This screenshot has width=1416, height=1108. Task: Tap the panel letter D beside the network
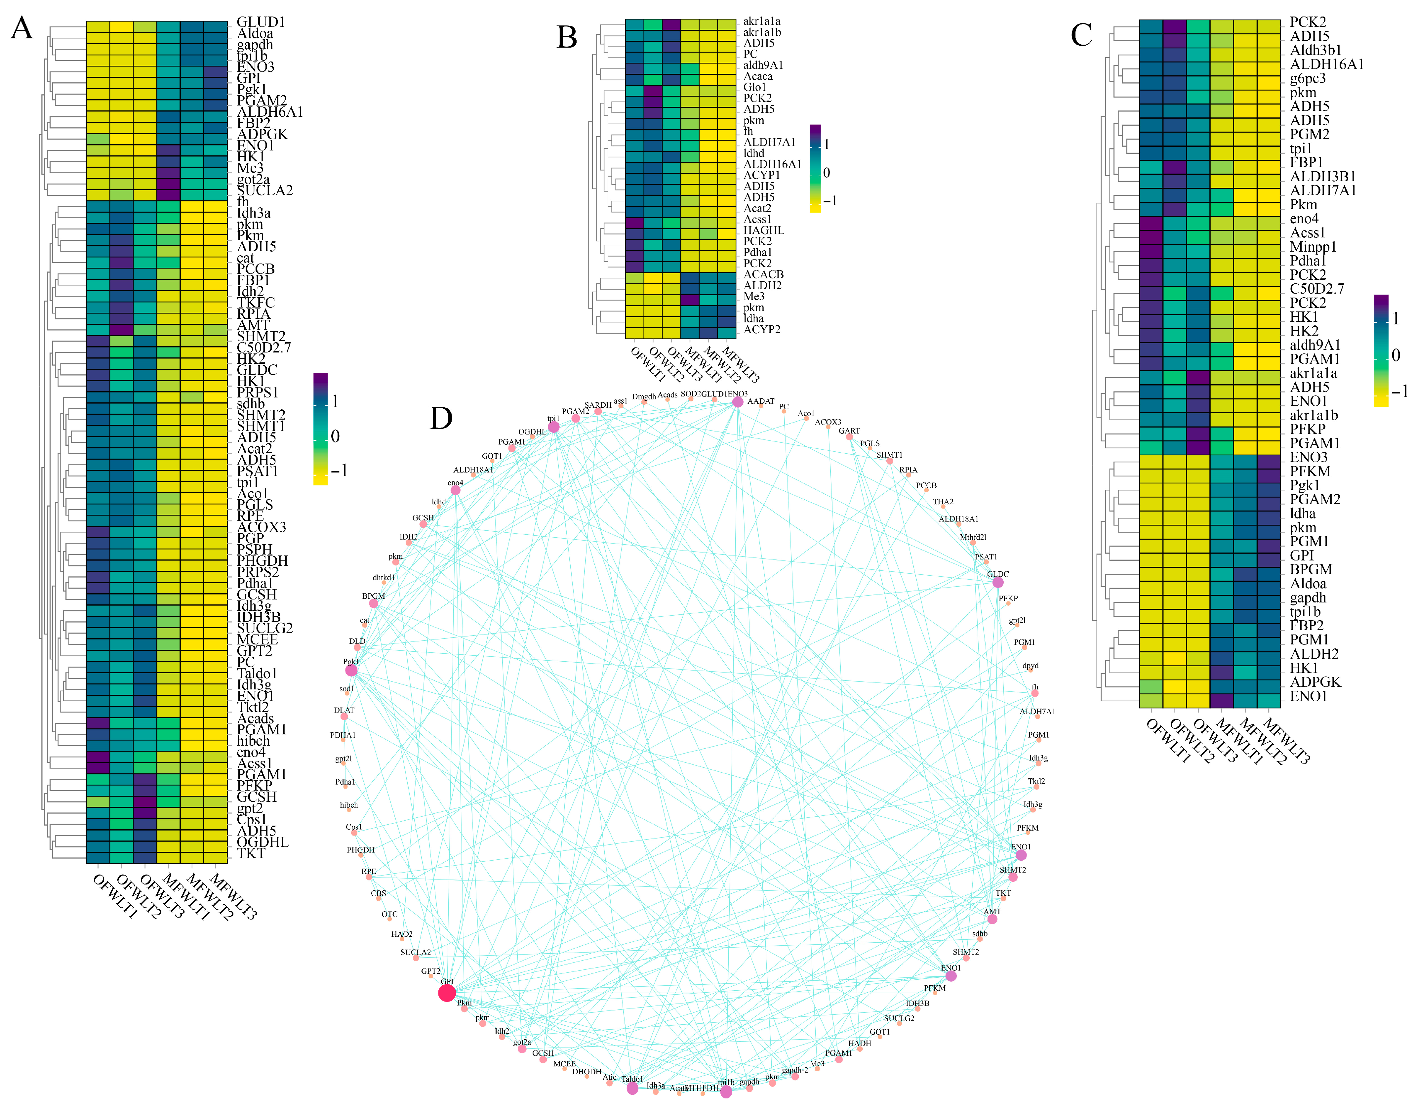[x=441, y=418]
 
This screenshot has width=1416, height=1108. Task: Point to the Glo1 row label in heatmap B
[x=754, y=87]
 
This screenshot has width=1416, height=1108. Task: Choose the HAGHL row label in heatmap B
[x=763, y=230]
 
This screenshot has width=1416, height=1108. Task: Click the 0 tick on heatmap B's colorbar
[x=827, y=173]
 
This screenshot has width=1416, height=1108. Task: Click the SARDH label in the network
[x=597, y=405]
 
